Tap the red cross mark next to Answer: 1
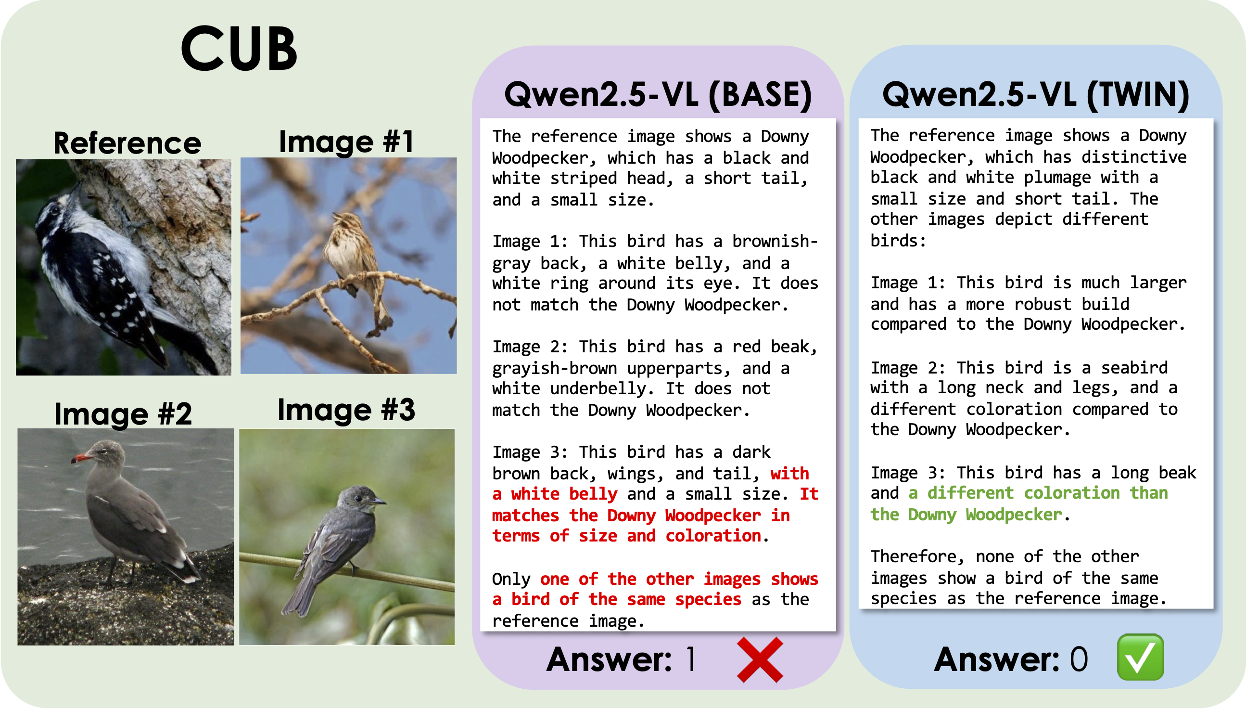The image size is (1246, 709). [x=760, y=660]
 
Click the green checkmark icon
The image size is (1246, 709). [x=1140, y=657]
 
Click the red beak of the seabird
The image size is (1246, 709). [x=81, y=458]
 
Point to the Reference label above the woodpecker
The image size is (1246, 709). [x=127, y=143]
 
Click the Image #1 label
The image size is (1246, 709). [x=346, y=142]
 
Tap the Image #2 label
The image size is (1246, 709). [x=123, y=413]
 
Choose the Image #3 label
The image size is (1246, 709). [x=346, y=410]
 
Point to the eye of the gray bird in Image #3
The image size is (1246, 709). [x=359, y=498]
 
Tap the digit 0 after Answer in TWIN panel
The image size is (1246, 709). [x=1079, y=659]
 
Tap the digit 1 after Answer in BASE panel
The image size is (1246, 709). [x=691, y=659]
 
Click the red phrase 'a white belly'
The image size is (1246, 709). [x=555, y=494]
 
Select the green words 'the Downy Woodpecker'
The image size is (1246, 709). [x=966, y=515]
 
